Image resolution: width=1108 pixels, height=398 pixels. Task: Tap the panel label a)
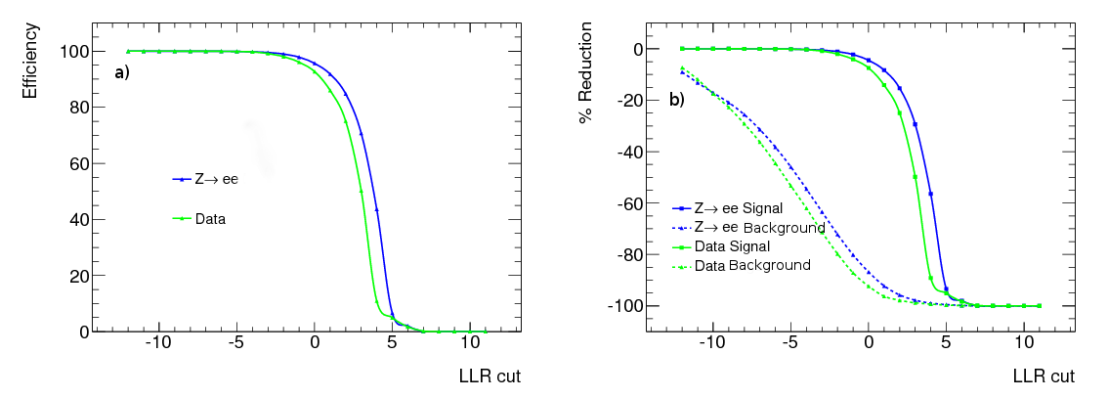(x=122, y=71)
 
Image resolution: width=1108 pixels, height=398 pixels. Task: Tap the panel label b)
(x=676, y=99)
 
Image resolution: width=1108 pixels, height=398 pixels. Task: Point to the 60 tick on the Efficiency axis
(x=79, y=163)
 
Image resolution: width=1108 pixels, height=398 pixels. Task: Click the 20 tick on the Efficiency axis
(x=79, y=276)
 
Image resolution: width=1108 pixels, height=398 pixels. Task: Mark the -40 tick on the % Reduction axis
(x=629, y=152)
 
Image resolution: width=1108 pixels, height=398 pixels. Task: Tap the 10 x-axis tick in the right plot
(x=1023, y=345)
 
